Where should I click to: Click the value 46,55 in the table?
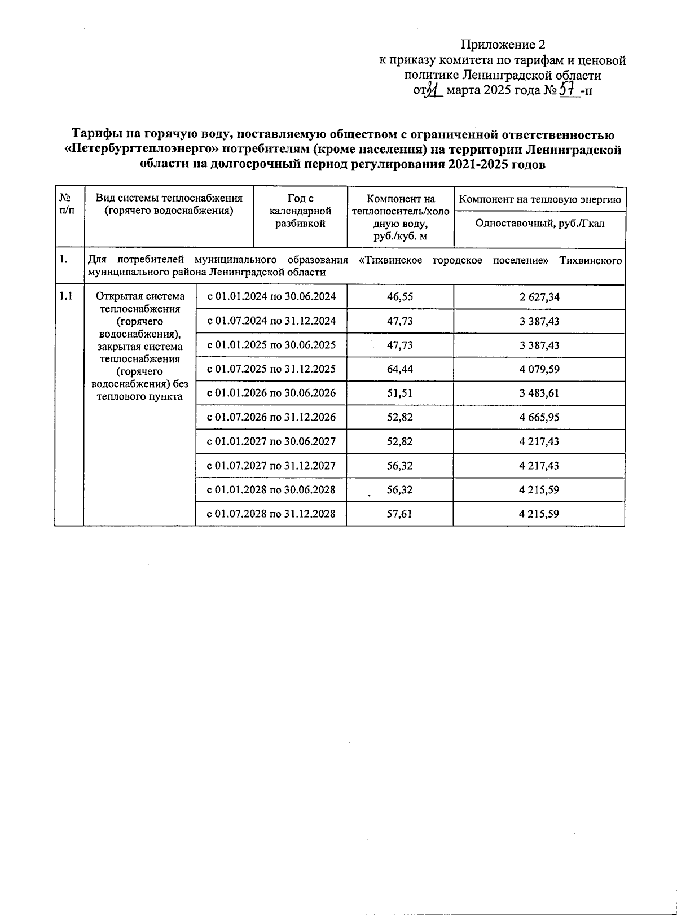click(x=400, y=296)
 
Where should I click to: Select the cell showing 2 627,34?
click(x=539, y=296)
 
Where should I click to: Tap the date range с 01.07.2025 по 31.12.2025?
click(x=271, y=369)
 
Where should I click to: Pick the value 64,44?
click(x=400, y=369)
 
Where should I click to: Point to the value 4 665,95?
click(x=539, y=418)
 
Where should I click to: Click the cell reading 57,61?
click(x=400, y=514)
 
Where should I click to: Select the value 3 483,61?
click(x=539, y=393)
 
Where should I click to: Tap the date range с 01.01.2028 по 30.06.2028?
click(x=271, y=490)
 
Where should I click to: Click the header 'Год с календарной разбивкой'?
click(x=300, y=211)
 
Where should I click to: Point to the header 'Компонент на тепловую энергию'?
click(x=539, y=199)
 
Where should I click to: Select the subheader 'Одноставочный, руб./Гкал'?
click(x=539, y=224)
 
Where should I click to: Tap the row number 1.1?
click(x=66, y=296)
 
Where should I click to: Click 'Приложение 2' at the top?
click(x=503, y=44)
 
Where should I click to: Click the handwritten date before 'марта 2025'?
click(x=432, y=90)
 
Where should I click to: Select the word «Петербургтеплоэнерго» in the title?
click(x=142, y=150)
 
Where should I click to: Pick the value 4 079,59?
click(x=539, y=369)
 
